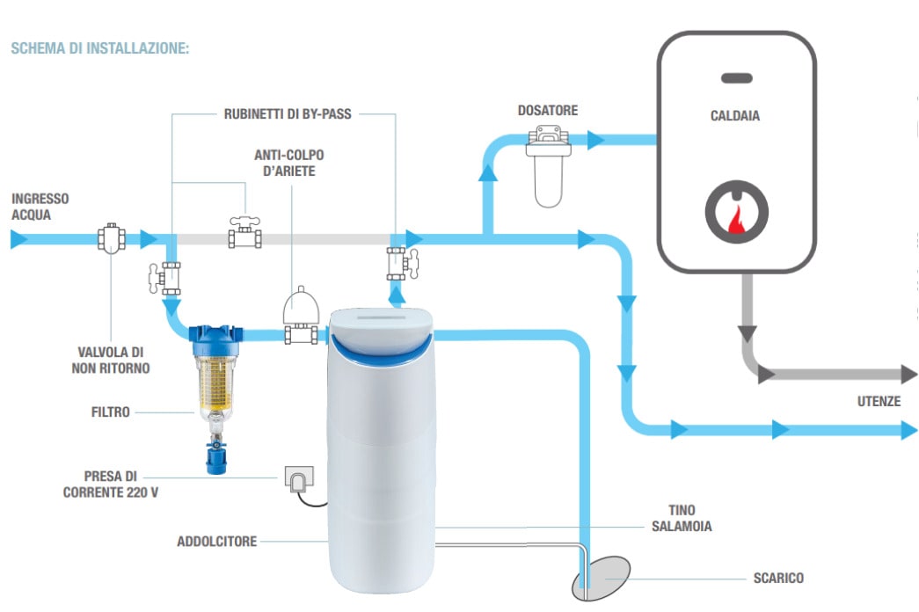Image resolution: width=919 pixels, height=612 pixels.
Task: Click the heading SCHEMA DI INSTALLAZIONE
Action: (99, 47)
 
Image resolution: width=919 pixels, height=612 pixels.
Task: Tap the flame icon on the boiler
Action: (736, 215)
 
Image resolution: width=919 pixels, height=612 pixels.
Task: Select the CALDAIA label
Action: (735, 116)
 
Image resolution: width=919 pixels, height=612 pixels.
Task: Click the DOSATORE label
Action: (548, 111)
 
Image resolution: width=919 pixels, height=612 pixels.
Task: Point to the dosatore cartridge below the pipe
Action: (547, 180)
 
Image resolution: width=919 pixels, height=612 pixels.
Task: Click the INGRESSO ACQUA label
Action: (40, 206)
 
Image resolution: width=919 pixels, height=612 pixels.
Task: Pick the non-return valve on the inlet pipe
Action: (111, 238)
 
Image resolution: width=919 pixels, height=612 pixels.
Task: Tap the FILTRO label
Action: (111, 411)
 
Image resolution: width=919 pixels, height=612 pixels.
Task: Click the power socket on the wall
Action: (296, 478)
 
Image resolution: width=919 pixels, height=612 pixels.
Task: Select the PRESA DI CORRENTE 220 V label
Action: (111, 484)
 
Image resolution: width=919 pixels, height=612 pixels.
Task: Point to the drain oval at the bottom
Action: (602, 577)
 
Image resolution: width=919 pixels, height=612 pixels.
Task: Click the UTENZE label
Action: (879, 401)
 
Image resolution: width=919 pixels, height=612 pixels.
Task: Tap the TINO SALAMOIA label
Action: (687, 518)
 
